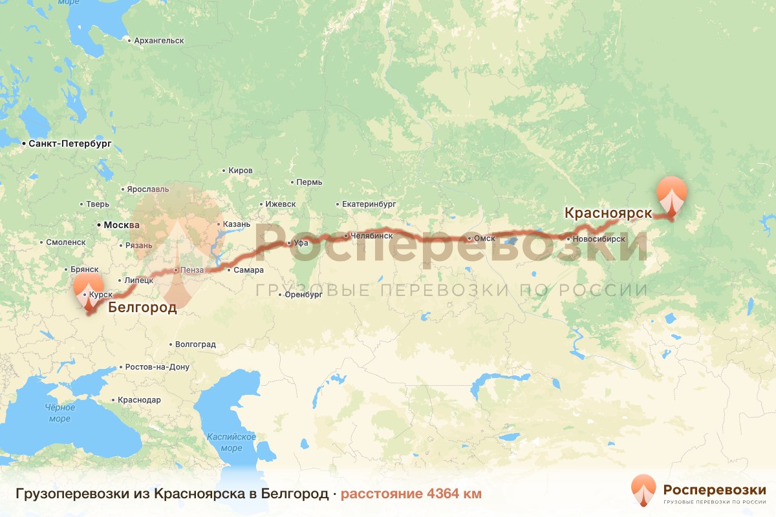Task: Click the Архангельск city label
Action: pos(158,41)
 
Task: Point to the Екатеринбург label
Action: pos(369,204)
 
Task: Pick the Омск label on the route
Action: pos(484,238)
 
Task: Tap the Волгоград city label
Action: pos(195,344)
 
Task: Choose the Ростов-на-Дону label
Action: pos(157,367)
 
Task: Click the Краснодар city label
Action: pos(139,400)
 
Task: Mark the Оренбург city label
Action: pos(304,295)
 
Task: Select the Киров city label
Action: pos(241,171)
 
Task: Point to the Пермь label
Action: pos(309,182)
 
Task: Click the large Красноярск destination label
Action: pos(607,213)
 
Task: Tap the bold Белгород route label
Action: pos(142,307)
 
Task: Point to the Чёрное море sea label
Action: pos(59,413)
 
